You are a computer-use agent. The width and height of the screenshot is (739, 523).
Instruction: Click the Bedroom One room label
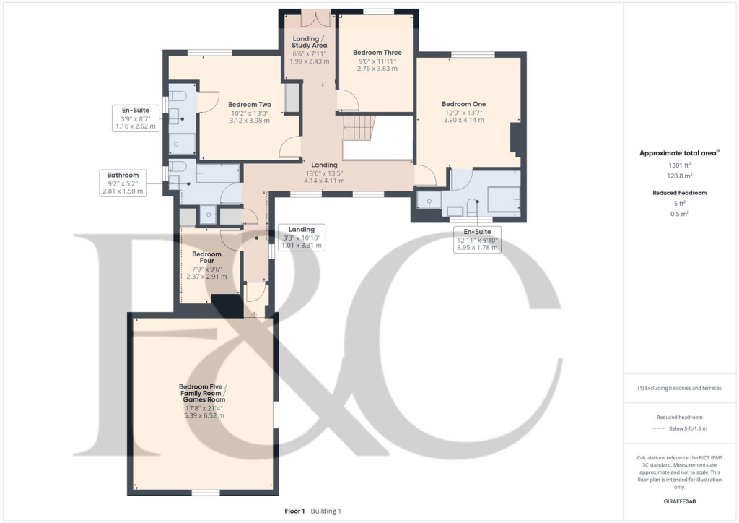click(464, 104)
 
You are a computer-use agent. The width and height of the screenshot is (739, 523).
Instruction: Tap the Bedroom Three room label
click(377, 53)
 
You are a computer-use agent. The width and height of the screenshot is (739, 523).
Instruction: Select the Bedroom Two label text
click(249, 105)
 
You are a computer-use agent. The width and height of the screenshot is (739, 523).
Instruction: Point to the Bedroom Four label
click(206, 257)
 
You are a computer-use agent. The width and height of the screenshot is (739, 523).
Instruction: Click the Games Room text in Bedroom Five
click(204, 399)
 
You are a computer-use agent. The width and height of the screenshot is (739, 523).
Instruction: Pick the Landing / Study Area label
click(309, 42)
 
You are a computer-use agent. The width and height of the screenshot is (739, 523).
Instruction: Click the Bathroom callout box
click(123, 183)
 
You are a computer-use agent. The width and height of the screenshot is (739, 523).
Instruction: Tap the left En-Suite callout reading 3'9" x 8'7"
click(135, 118)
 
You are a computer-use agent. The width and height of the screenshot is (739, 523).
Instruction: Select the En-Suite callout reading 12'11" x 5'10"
click(477, 240)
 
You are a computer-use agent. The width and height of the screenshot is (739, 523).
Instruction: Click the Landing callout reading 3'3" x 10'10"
click(302, 237)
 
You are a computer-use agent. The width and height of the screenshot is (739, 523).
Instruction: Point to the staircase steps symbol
click(359, 127)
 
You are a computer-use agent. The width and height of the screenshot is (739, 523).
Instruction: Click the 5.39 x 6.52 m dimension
click(204, 416)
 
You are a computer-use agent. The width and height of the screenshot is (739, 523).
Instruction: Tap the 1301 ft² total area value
click(680, 165)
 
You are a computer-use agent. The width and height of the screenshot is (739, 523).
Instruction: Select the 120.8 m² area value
click(680, 176)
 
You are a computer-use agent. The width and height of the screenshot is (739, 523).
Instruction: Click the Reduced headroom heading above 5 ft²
click(680, 193)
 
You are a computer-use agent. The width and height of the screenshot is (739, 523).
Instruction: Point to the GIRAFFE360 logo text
click(680, 501)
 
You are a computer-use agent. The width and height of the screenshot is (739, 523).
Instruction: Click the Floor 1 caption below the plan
click(294, 511)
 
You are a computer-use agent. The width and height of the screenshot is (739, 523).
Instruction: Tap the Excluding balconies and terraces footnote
click(680, 388)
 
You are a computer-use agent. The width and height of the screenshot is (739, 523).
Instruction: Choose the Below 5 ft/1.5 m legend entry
click(688, 428)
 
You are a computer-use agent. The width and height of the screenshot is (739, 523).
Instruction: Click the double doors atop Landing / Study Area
click(316, 19)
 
